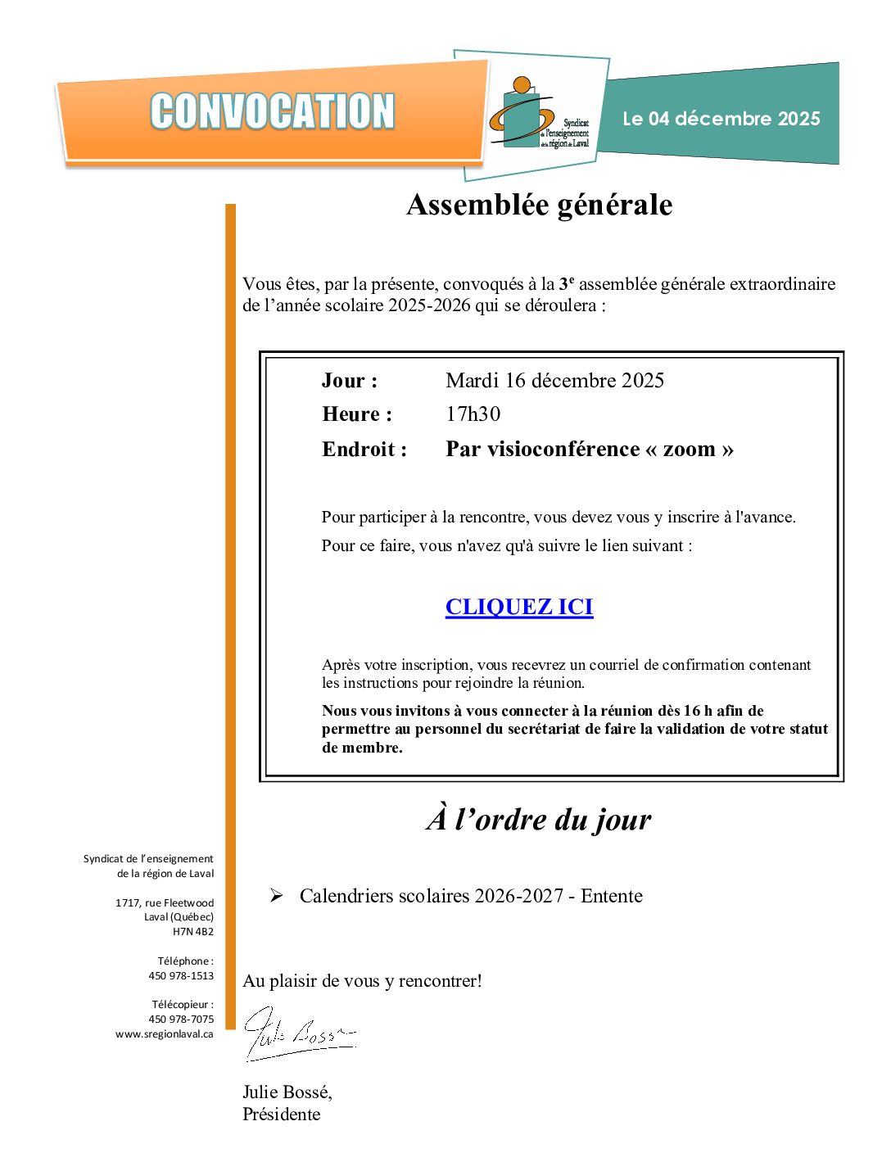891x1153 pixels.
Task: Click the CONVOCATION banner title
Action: pyautogui.click(x=272, y=111)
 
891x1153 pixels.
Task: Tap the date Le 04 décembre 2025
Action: pyautogui.click(x=721, y=119)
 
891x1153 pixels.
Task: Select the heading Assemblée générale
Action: pyautogui.click(x=539, y=205)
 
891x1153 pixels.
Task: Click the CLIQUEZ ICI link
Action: pyautogui.click(x=519, y=607)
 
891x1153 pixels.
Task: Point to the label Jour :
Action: pyautogui.click(x=350, y=381)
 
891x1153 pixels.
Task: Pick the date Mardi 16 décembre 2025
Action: pyautogui.click(x=554, y=381)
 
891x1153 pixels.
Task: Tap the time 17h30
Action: pyautogui.click(x=473, y=414)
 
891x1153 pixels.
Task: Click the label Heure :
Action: pyautogui.click(x=357, y=414)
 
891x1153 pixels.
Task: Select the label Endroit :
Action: pyautogui.click(x=364, y=450)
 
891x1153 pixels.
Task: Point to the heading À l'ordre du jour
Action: pyautogui.click(x=539, y=820)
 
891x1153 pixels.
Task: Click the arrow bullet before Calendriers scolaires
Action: pyautogui.click(x=277, y=896)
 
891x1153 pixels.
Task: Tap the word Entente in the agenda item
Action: pyautogui.click(x=611, y=896)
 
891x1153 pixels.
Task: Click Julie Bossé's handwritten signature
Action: pyautogui.click(x=299, y=1034)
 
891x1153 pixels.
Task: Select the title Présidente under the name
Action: pyautogui.click(x=281, y=1115)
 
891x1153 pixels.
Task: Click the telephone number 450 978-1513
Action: pyautogui.click(x=181, y=976)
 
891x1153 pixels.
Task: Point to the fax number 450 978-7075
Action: pyautogui.click(x=181, y=1020)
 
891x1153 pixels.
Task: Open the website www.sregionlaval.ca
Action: pyautogui.click(x=165, y=1034)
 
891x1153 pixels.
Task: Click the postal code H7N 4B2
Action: pyautogui.click(x=193, y=932)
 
